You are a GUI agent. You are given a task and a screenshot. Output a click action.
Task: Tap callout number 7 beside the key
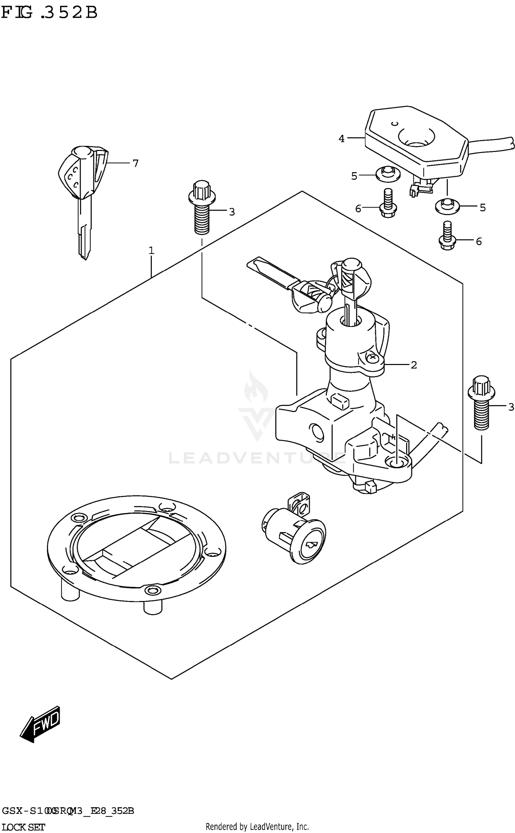coord(135,164)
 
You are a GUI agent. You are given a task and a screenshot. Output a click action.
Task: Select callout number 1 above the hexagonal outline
coord(151,251)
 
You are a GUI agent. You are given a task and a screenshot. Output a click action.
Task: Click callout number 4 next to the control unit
coord(341,139)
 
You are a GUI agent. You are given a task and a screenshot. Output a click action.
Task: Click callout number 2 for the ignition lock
coord(414,365)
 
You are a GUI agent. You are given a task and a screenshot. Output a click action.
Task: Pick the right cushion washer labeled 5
coord(447,206)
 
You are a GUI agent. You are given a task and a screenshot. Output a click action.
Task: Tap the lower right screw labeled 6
coord(447,237)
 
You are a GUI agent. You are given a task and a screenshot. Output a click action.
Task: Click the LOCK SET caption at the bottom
coord(23,827)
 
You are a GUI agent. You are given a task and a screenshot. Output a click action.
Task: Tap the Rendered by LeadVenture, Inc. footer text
coord(257,826)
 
